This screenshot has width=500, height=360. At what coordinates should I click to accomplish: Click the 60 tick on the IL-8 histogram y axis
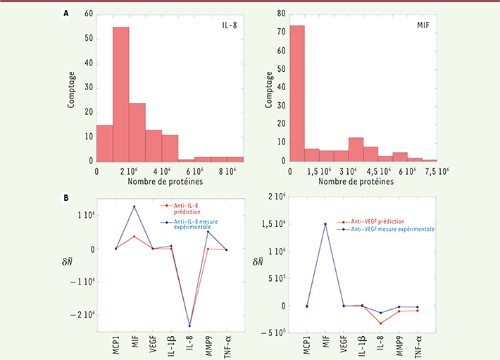tap(88, 13)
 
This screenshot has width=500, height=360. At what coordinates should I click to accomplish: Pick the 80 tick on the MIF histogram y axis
tap(281, 13)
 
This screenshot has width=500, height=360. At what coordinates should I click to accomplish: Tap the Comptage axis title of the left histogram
tap(73, 86)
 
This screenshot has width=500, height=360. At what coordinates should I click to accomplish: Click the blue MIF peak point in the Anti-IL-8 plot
tap(134, 206)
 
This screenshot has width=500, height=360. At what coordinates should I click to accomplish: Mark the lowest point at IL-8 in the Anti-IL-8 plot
tap(189, 325)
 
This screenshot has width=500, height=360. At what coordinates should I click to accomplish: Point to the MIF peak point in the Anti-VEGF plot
tap(325, 224)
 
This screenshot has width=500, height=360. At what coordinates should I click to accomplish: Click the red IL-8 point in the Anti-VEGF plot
tap(381, 323)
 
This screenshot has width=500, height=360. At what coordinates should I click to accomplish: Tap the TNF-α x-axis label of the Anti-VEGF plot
tap(418, 342)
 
